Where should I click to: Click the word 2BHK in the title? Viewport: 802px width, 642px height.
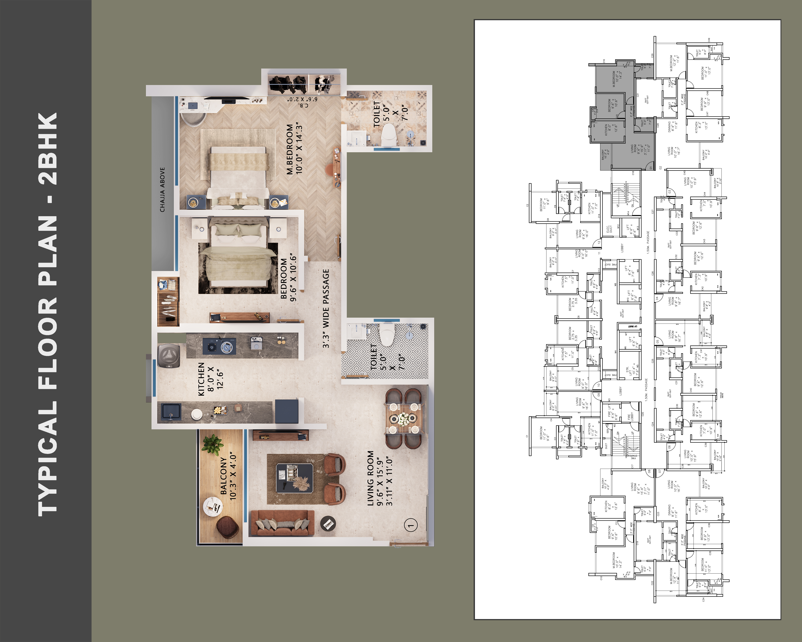[x=48, y=149]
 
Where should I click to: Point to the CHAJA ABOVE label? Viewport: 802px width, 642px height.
[x=162, y=190]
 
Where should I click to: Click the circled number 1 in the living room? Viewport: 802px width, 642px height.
[x=411, y=525]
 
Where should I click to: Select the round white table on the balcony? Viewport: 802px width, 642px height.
[x=213, y=506]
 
